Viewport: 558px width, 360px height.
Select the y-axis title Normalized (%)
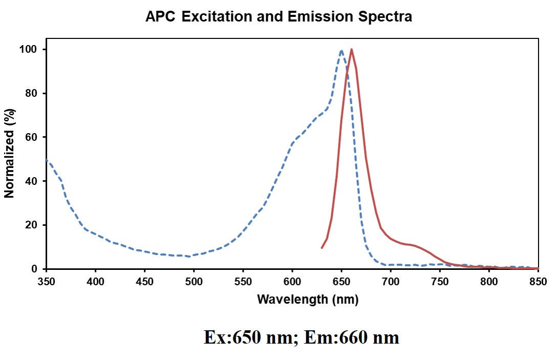click(9, 153)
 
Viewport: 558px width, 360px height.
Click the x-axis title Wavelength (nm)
click(307, 300)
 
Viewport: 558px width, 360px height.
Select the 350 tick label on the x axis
click(47, 281)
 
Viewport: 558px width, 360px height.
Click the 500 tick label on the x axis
click(194, 281)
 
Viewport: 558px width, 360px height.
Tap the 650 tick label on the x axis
click(341, 281)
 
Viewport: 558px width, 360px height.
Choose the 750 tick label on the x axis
click(440, 281)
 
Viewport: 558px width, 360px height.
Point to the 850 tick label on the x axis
click(538, 281)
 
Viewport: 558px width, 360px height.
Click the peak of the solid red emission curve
click(351, 50)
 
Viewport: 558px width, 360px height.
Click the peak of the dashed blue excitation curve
click(341, 50)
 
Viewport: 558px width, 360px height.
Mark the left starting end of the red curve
click(321, 248)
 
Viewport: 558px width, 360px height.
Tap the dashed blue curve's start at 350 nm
click(47, 160)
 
